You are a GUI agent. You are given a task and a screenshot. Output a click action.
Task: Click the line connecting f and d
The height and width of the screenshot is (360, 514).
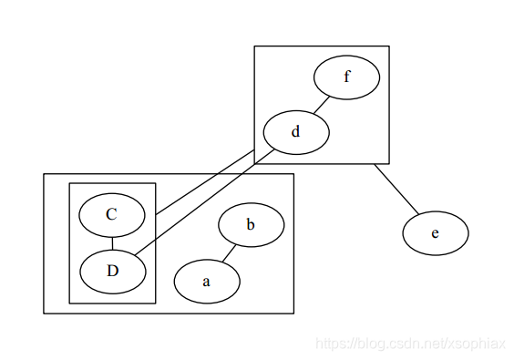pos(321,105)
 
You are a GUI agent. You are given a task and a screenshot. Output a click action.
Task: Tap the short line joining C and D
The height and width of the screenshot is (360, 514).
pos(112,242)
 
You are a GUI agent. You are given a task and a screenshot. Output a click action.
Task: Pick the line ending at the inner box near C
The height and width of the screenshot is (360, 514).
pos(205,183)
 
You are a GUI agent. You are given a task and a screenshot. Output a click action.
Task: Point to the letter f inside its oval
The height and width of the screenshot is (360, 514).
pos(346,77)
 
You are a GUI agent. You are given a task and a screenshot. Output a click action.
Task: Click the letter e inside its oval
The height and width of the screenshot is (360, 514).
pos(435,233)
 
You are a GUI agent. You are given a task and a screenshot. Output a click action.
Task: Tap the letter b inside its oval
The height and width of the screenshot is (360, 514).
pos(251,224)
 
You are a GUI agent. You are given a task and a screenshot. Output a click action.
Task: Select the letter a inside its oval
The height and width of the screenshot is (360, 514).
pos(206,282)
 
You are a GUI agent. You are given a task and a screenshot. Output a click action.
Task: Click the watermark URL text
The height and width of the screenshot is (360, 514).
pos(410,344)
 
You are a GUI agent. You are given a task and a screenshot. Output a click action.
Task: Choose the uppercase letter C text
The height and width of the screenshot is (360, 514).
pos(112,214)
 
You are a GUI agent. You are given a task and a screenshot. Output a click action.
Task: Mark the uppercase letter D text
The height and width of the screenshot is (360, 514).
pos(112,270)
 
